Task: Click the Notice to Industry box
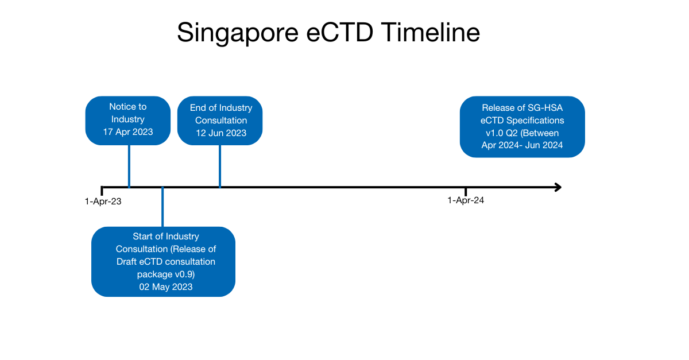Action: pos(128,119)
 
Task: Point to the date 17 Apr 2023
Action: pos(128,132)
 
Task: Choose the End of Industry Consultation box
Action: pos(220,120)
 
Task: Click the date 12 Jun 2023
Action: pos(220,133)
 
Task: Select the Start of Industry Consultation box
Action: pos(163,261)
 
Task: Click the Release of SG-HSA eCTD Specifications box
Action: pos(522,126)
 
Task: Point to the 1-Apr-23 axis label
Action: pos(103,202)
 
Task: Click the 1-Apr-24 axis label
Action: pos(466,200)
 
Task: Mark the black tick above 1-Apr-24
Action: pos(466,191)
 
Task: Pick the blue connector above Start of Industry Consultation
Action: pos(162,208)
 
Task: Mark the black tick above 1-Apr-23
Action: pos(102,191)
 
